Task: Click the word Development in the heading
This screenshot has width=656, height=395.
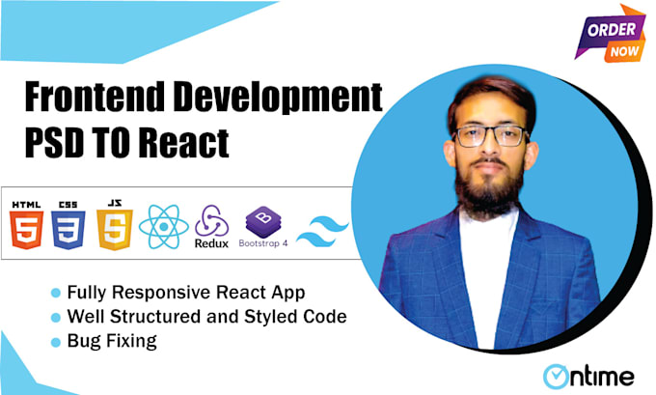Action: (x=280, y=99)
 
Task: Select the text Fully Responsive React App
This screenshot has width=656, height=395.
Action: (x=164, y=293)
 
